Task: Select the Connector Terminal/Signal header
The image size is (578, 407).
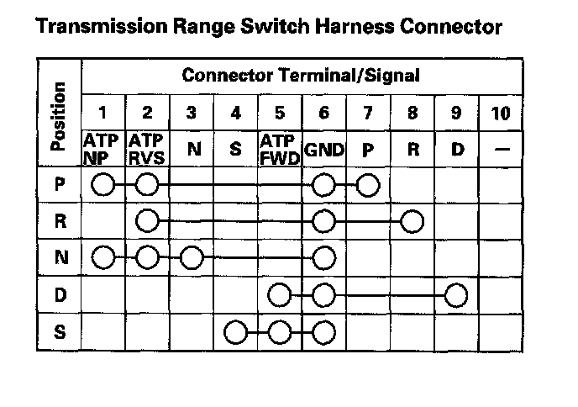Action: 301,77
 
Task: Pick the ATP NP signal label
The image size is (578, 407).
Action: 102,148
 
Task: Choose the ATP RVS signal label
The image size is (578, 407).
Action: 146,148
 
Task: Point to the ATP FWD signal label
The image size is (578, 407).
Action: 280,148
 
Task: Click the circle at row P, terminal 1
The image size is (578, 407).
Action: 103,184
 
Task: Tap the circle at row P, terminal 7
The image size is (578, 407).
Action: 367,184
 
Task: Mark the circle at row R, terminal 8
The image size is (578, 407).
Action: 411,221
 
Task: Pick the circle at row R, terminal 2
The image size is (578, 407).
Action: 147,221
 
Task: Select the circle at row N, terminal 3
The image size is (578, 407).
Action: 191,257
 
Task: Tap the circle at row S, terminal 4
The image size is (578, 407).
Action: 235,331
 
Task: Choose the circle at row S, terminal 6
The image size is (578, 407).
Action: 323,331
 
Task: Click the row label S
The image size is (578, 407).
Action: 59,331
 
